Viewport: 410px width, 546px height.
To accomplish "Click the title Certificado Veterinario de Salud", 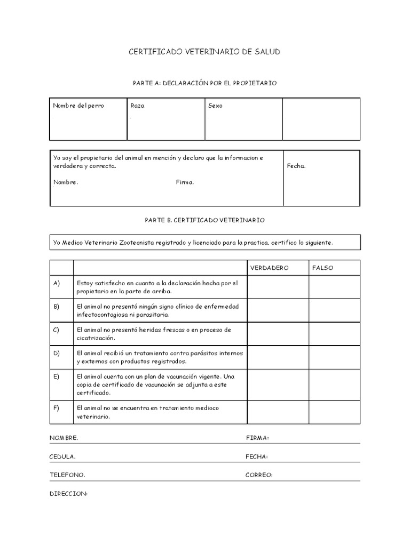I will point(204,52).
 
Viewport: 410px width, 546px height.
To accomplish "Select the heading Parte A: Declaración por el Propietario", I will point(204,83).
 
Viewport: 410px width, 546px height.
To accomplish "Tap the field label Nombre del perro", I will point(78,106).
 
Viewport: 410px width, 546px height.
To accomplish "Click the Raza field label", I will point(137,106).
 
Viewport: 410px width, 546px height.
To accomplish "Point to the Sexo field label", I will point(215,106).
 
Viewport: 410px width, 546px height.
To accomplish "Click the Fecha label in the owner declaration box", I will point(296,166).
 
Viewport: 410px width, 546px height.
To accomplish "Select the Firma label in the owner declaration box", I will point(185,182).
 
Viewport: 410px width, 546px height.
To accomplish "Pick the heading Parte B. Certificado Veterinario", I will point(204,220).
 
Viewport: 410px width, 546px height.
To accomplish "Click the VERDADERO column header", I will point(270,268).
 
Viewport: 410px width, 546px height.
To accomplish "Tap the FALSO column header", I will point(322,268).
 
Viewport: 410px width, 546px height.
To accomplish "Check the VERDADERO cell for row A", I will point(278,287).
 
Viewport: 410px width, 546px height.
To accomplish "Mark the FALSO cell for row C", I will point(334,334).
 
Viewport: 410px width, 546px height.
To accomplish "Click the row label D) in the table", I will point(57,353).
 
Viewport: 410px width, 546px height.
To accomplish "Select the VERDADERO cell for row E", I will point(278,384).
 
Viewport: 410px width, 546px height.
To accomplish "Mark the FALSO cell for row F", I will point(334,412).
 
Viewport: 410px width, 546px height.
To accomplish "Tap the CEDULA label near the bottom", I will point(62,456).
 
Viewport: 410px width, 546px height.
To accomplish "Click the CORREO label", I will point(259,475).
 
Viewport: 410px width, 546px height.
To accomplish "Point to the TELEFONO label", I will point(67,475).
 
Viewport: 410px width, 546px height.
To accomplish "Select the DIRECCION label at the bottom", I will point(68,494).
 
